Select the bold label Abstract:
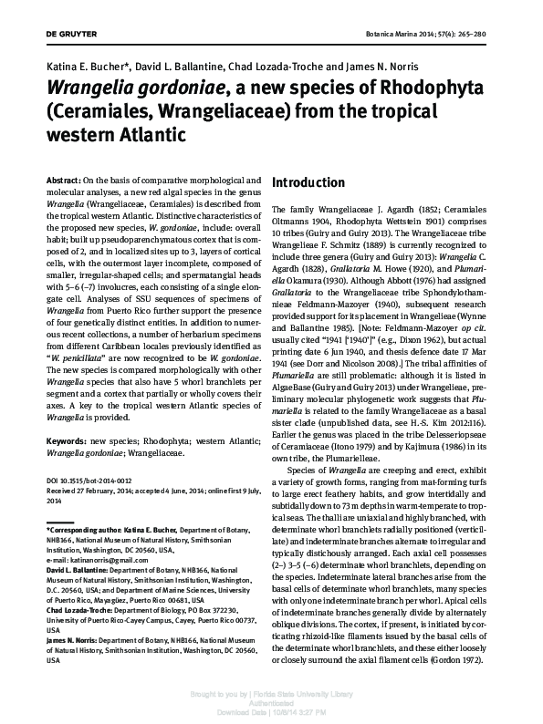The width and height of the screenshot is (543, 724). tap(63, 181)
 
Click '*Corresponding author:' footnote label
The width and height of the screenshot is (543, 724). tap(83, 530)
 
